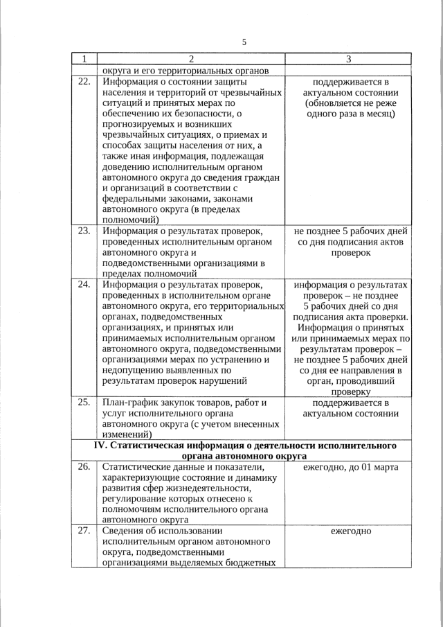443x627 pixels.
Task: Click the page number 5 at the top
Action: pyautogui.click(x=244, y=42)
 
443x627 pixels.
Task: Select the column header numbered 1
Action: pyautogui.click(x=84, y=59)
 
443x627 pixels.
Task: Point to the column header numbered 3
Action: pyautogui.click(x=349, y=59)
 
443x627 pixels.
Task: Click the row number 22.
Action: pyautogui.click(x=84, y=80)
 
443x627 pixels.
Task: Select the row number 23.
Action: pyautogui.click(x=84, y=231)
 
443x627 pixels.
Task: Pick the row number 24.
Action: pyautogui.click(x=84, y=284)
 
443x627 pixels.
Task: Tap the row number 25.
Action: pyautogui.click(x=84, y=402)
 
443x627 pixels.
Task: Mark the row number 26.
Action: pyautogui.click(x=84, y=467)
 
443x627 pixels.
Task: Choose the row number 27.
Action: pyautogui.click(x=84, y=531)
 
